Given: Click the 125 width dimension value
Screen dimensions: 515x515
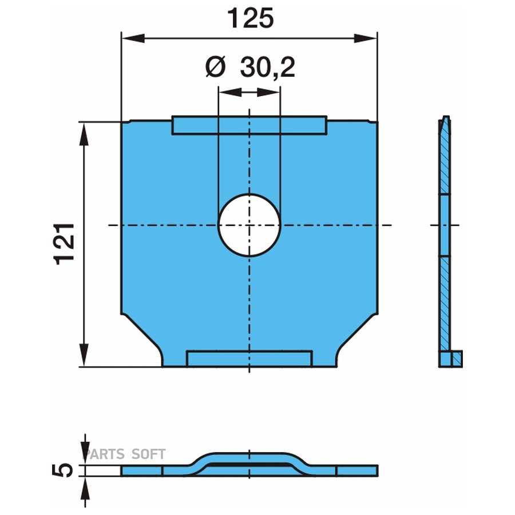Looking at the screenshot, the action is coord(250,18).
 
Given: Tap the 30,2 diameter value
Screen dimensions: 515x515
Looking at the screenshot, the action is coord(268,68).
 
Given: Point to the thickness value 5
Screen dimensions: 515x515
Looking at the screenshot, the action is coord(62,470).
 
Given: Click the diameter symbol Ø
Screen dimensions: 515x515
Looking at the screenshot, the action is coord(216,67).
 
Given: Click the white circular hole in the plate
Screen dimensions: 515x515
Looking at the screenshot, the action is coord(249,225).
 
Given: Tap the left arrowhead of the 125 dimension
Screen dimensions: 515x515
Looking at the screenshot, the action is coord(133,38).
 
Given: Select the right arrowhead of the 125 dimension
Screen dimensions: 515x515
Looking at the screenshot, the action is coord(366,38).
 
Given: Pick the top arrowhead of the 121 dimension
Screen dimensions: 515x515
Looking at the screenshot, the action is coord(84,134).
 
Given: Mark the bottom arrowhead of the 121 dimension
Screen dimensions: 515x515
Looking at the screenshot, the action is coord(84,355).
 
